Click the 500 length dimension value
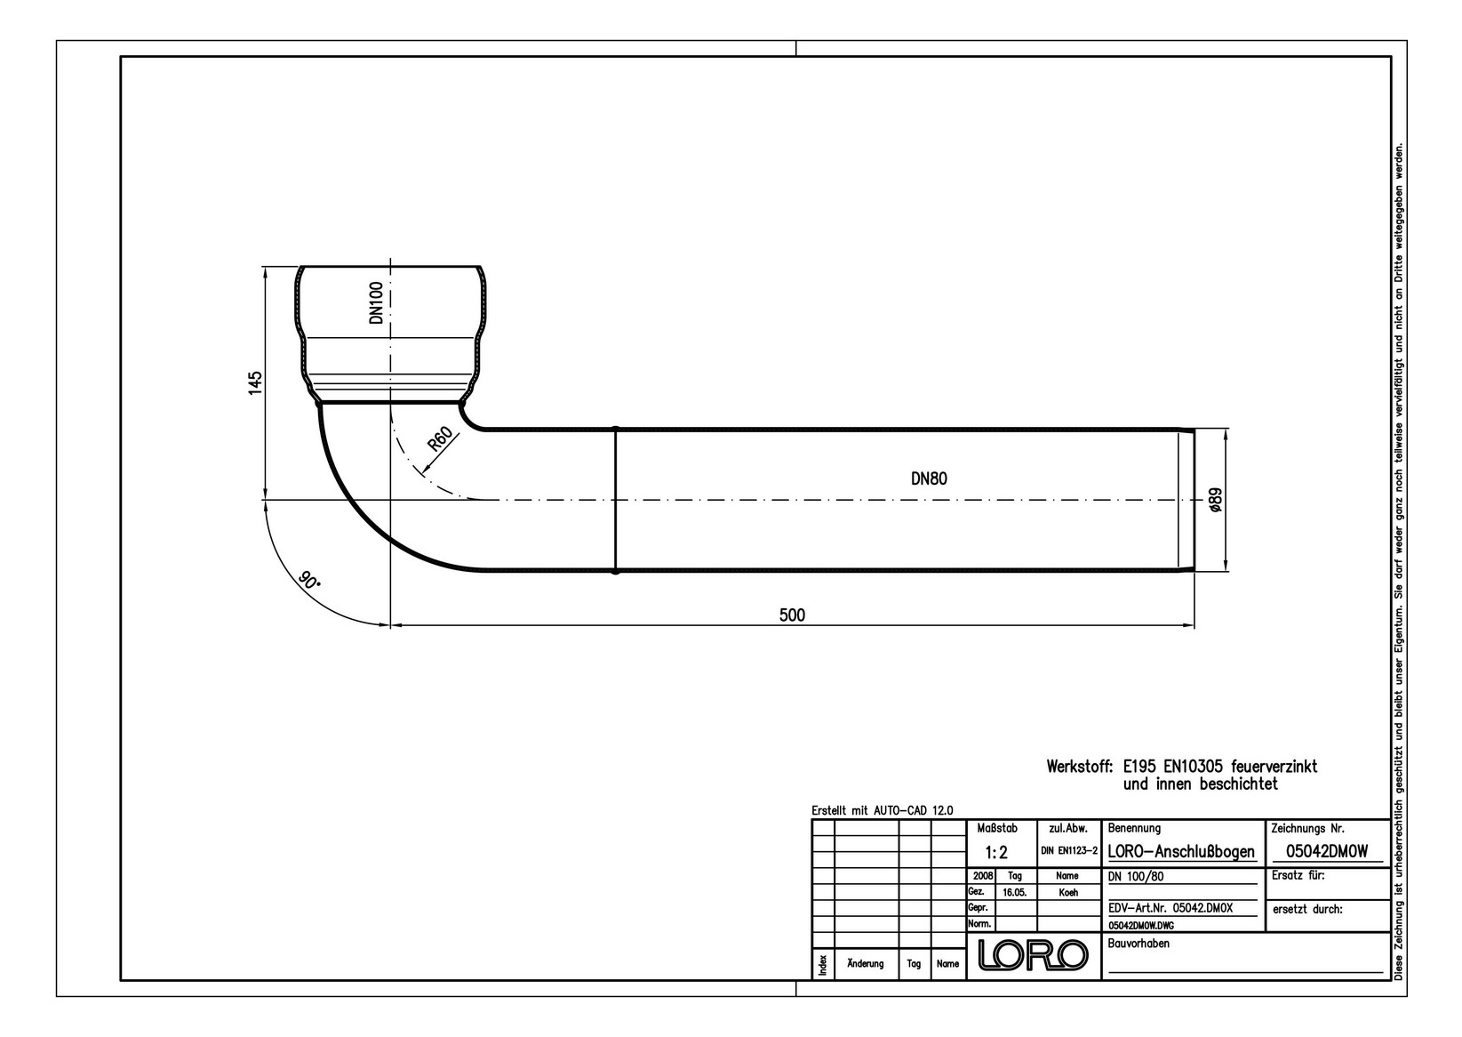[x=791, y=615]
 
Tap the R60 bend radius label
[x=440, y=440]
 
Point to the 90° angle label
[x=308, y=583]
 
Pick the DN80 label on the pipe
[x=929, y=478]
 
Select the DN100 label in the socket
[x=376, y=302]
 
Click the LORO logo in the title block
[x=1033, y=955]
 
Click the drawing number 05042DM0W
[x=1326, y=851]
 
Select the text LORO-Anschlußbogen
[x=1181, y=852]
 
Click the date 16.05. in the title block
[x=1016, y=892]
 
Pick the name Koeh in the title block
[x=1068, y=892]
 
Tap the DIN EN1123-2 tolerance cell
[x=1069, y=851]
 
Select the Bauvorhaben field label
[x=1139, y=943]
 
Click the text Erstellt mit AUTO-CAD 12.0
[x=882, y=810]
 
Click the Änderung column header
[x=866, y=964]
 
